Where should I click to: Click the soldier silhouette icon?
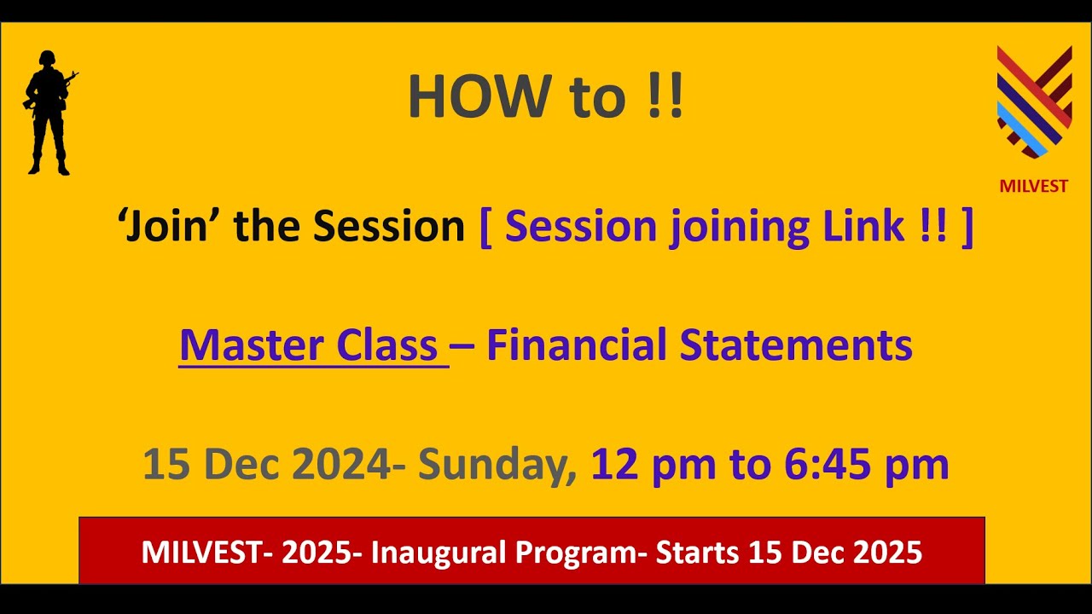pos(49,113)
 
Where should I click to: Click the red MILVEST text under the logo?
pos(1034,186)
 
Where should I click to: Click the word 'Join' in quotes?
pos(169,226)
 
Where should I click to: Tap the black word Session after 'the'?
pos(388,226)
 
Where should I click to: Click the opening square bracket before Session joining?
pos(486,227)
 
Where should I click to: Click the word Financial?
pos(576,345)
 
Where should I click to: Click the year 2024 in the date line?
pos(340,465)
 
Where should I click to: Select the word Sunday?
pos(497,466)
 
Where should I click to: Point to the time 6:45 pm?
pos(865,465)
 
